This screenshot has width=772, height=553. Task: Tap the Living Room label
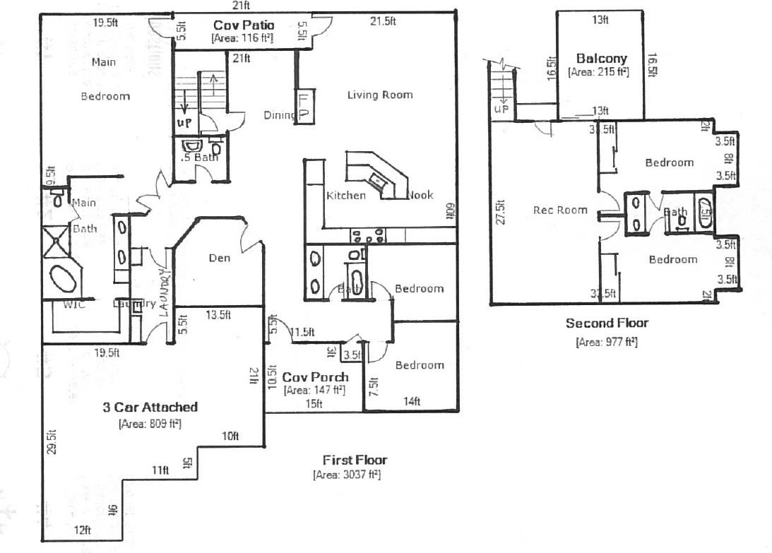point(379,95)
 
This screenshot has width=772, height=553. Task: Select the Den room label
point(220,258)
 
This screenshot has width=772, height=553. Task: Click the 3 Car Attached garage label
point(150,407)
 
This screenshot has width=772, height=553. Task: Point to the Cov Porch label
point(315,377)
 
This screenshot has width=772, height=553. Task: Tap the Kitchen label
point(346,196)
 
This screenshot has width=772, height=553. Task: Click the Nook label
point(420,195)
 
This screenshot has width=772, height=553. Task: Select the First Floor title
point(355,460)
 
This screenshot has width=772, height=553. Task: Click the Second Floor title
point(607,323)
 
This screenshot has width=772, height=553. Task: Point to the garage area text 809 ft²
point(150,424)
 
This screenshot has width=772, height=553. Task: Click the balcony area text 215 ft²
point(598,72)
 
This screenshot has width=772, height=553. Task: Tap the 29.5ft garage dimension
point(50,442)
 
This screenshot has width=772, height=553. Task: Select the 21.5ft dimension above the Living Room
point(383,22)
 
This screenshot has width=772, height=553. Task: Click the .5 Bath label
point(198,157)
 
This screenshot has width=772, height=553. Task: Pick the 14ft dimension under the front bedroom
point(412,402)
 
